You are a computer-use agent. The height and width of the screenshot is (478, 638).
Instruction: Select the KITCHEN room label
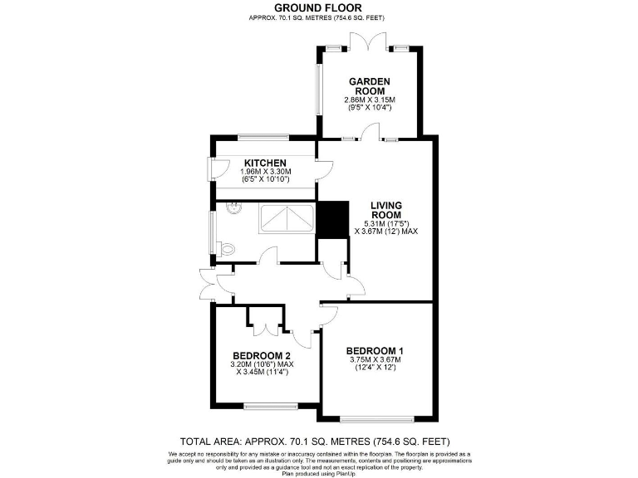tap(265, 163)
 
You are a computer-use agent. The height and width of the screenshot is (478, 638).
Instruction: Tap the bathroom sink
tap(234, 207)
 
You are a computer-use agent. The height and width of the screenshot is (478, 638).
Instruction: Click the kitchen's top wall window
tap(262, 137)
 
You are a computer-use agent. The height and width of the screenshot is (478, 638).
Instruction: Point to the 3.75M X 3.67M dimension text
tap(374, 360)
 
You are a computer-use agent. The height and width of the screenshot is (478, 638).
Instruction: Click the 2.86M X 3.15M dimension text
tap(368, 100)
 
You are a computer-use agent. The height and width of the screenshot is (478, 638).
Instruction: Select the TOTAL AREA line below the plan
tap(318, 441)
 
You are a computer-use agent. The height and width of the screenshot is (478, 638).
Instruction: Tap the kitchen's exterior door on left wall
tap(210, 166)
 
